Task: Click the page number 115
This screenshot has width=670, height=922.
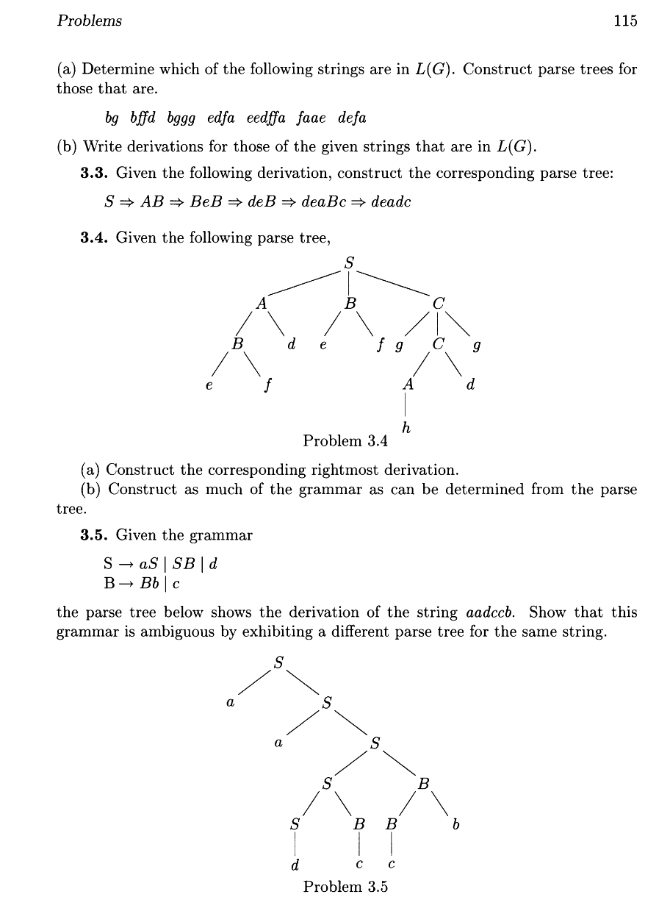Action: (625, 21)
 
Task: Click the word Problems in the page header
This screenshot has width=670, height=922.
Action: (89, 21)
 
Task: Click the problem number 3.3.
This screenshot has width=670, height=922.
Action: (95, 174)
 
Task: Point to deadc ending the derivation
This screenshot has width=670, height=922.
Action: (391, 202)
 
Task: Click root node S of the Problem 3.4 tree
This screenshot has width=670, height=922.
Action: (349, 261)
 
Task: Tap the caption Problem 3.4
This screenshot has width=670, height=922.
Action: (345, 441)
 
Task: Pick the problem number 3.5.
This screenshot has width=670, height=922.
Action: (95, 535)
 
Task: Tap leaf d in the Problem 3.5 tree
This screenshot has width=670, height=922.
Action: (295, 865)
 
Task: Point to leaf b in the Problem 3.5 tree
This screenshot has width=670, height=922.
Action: (456, 826)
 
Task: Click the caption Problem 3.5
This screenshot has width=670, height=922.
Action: (345, 887)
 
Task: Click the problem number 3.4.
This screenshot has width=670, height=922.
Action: (95, 237)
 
